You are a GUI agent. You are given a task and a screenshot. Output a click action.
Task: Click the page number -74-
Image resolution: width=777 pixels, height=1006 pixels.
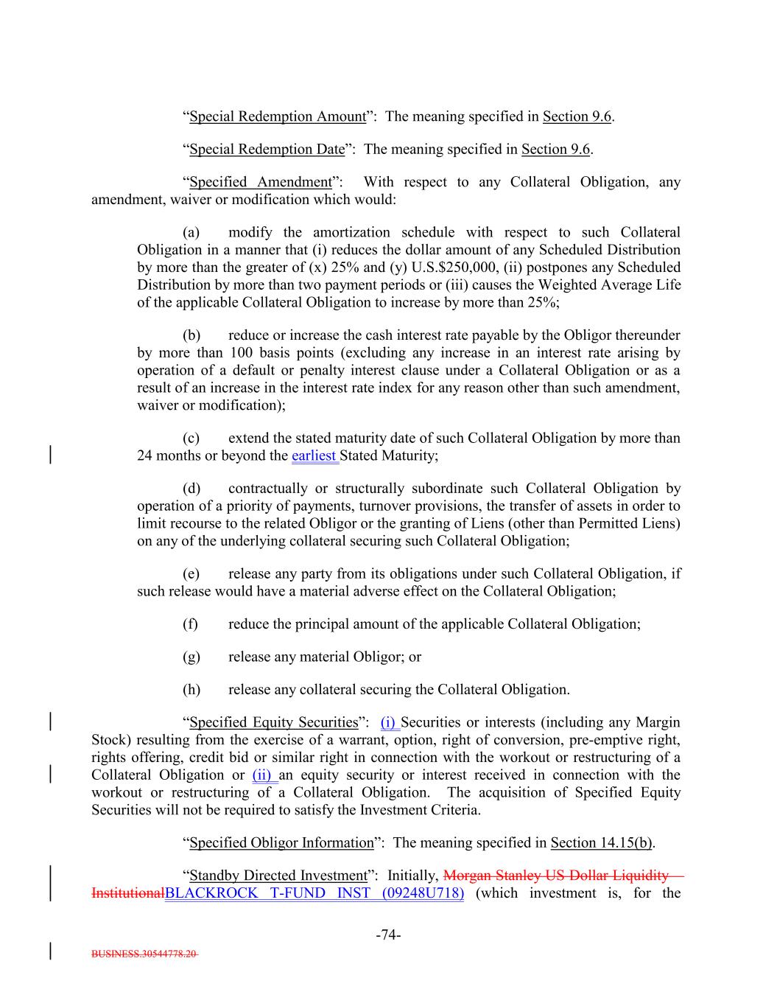pyautogui.click(x=388, y=935)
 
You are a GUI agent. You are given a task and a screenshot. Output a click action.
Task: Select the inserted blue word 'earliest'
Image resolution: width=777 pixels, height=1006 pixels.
pyautogui.click(x=314, y=455)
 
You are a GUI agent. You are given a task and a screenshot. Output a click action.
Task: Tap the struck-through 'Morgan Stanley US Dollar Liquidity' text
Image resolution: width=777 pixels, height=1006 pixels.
pyautogui.click(x=557, y=876)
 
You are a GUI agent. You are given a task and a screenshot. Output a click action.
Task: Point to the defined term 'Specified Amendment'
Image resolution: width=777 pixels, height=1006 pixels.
pyautogui.click(x=261, y=182)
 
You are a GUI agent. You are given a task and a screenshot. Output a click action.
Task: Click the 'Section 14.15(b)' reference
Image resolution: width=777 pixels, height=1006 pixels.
pyautogui.click(x=602, y=842)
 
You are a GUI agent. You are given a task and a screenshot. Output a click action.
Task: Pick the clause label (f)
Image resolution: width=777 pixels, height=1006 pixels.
pyautogui.click(x=191, y=624)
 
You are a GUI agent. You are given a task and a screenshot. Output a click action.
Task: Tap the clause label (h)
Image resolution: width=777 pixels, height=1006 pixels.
pyautogui.click(x=191, y=690)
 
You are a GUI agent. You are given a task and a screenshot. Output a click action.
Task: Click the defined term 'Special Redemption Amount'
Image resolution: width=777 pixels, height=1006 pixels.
pyautogui.click(x=278, y=116)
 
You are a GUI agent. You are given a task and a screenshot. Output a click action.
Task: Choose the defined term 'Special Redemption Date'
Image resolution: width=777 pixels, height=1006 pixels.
pyautogui.click(x=267, y=149)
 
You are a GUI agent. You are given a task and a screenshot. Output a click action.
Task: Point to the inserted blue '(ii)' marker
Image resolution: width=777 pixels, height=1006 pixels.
pyautogui.click(x=264, y=775)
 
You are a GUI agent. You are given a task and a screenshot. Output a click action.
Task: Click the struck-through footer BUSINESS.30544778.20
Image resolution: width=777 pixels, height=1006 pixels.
pyautogui.click(x=144, y=954)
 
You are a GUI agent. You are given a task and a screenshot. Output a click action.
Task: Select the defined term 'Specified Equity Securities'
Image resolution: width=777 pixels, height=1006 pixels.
pyautogui.click(x=273, y=722)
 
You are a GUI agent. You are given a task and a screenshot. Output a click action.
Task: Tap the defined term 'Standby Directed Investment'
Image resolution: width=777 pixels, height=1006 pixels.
pyautogui.click(x=278, y=876)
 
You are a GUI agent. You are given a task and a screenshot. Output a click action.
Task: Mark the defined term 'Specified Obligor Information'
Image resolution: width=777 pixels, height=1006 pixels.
pyautogui.click(x=282, y=842)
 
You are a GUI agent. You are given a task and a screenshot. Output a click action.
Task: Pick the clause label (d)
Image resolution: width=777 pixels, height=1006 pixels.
pyautogui.click(x=191, y=489)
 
